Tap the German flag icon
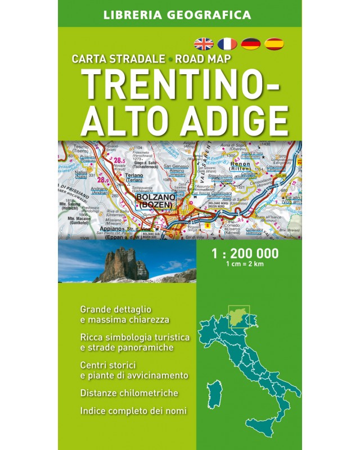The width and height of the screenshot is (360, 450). (250, 43)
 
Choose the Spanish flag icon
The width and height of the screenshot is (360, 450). (274, 43)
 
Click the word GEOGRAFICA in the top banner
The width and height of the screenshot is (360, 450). (209, 15)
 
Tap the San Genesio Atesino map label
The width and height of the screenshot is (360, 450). (177, 169)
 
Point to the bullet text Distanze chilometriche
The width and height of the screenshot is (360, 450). (129, 393)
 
